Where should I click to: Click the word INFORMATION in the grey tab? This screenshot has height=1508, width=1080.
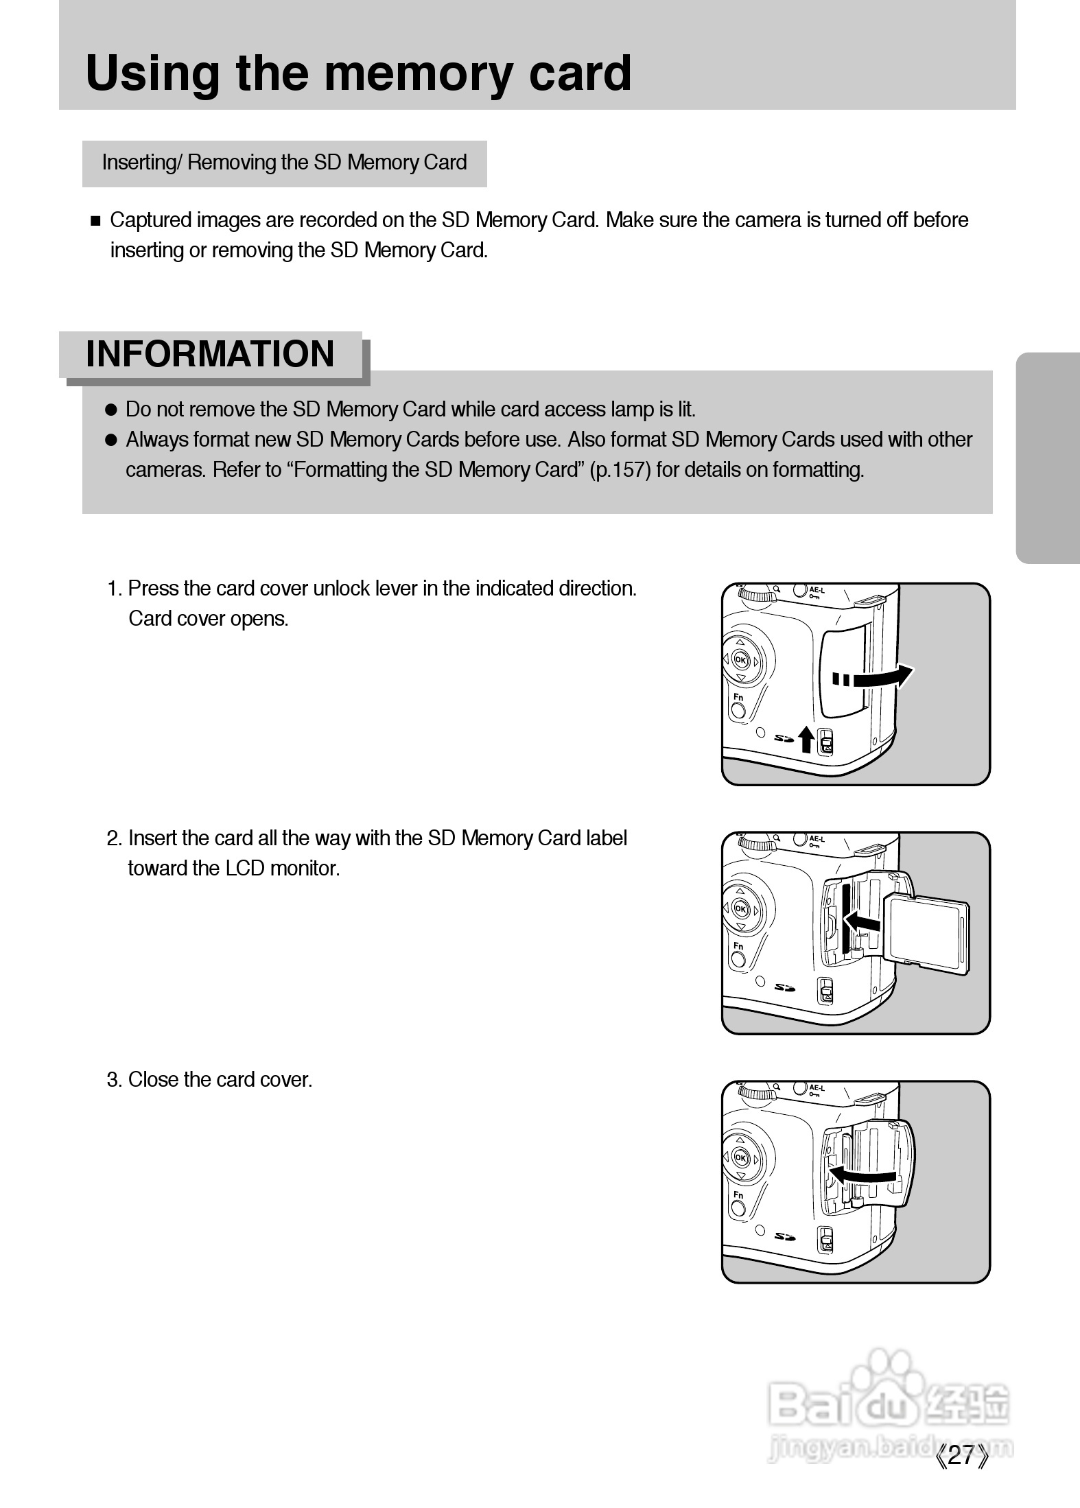[x=210, y=355]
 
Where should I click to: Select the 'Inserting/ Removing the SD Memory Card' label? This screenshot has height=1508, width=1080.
[x=284, y=163]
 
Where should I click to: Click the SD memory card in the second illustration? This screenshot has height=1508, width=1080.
[x=926, y=933]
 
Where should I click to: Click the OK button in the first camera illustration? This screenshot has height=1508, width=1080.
[x=740, y=660]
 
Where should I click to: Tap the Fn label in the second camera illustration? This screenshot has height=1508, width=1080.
[x=738, y=946]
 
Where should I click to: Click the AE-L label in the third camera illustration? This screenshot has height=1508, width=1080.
[x=816, y=1088]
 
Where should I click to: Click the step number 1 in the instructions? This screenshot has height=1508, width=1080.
[x=113, y=589]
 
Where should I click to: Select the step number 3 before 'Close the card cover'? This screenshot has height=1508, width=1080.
[x=113, y=1080]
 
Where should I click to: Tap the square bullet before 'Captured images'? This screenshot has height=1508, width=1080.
[x=95, y=221]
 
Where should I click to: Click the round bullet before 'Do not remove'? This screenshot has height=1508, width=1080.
[x=111, y=410]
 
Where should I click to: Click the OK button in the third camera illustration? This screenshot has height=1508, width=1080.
[x=740, y=1157]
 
